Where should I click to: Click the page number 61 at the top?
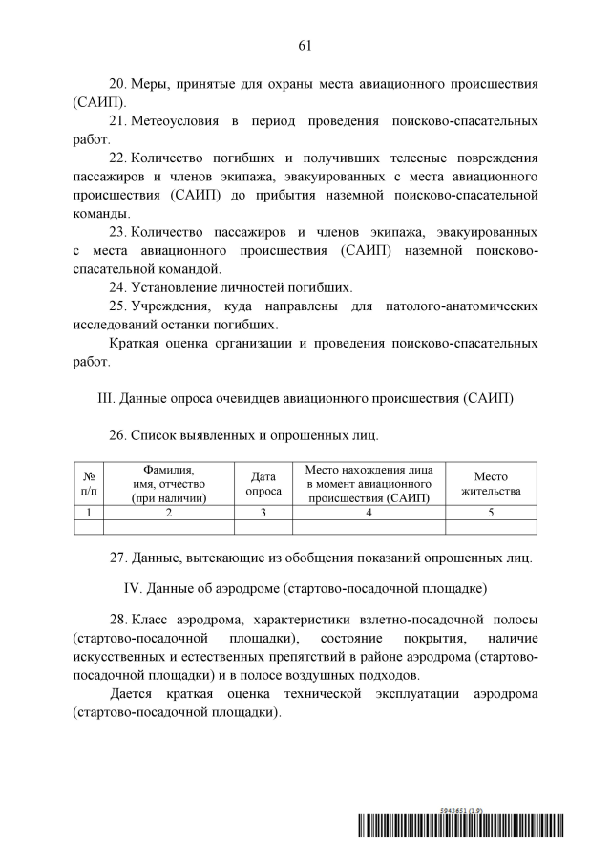point(305,45)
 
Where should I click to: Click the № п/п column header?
point(88,484)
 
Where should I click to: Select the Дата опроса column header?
point(263,484)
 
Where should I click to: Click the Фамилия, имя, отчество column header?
point(169,484)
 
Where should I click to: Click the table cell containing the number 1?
point(88,513)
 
